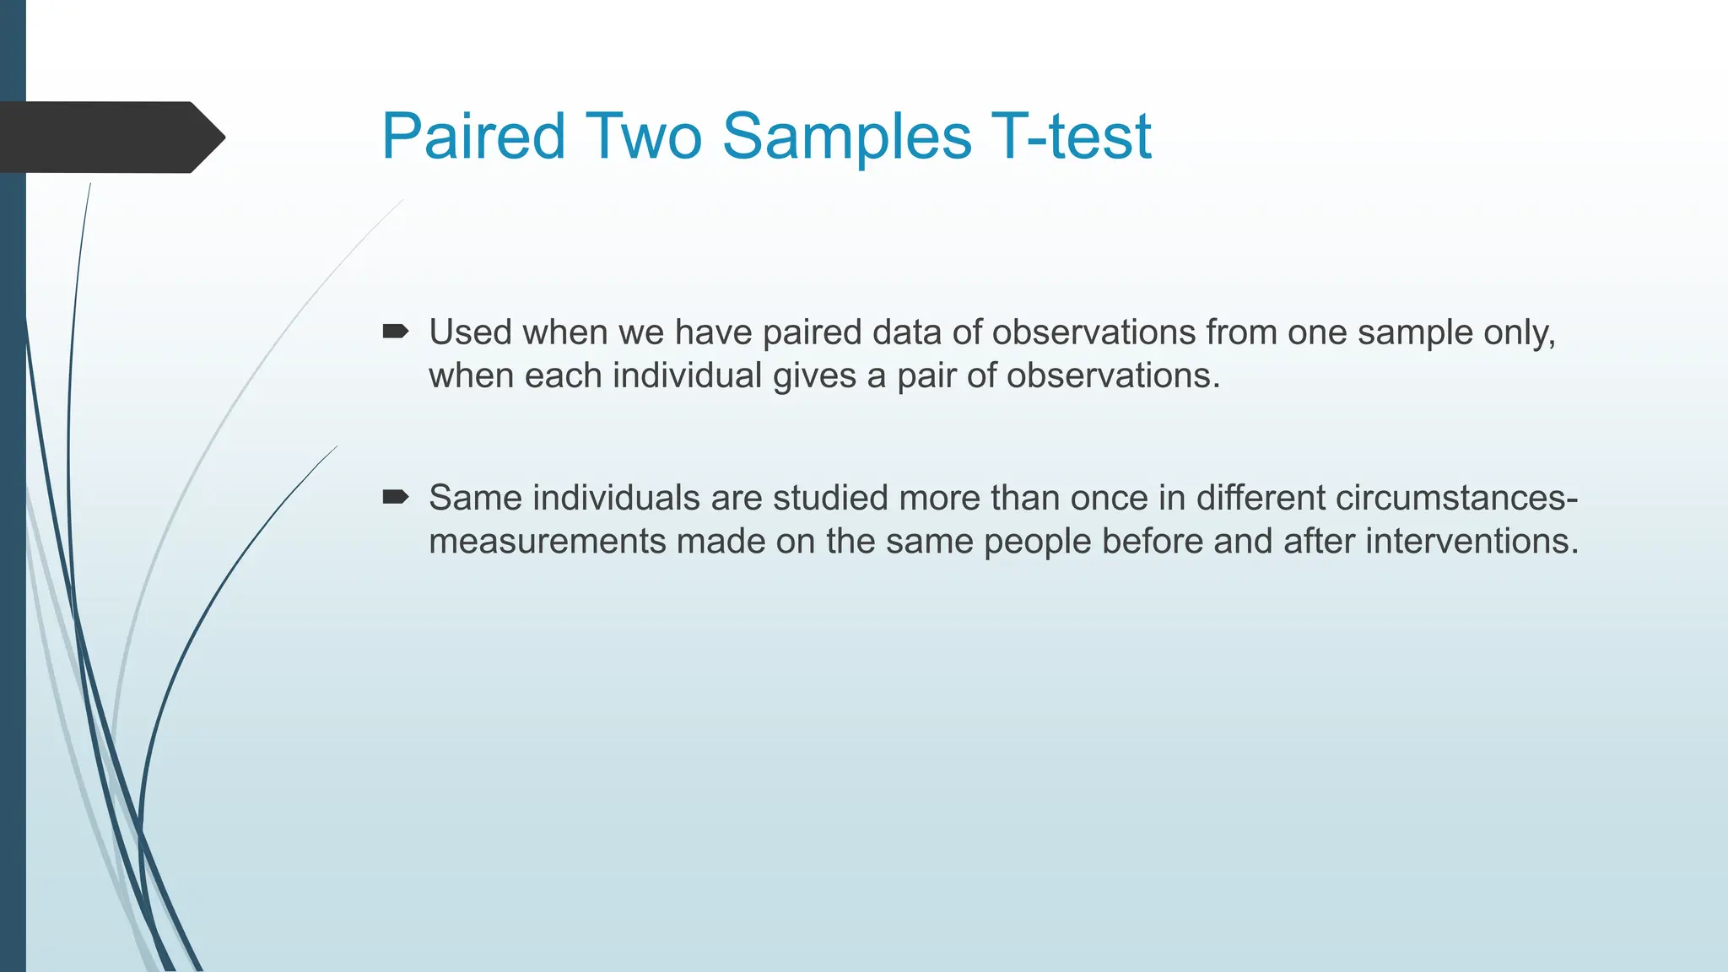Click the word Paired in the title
pyautogui.click(x=472, y=137)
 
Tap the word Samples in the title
pyautogui.click(x=846, y=137)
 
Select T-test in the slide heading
pyautogui.click(x=1071, y=137)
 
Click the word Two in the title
pyautogui.click(x=643, y=137)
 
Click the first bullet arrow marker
pyautogui.click(x=395, y=332)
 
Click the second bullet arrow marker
pyautogui.click(x=395, y=497)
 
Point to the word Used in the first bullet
pyautogui.click(x=470, y=332)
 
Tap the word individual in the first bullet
pyautogui.click(x=687, y=375)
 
